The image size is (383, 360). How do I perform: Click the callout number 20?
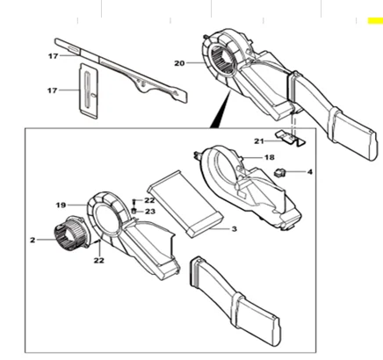179,62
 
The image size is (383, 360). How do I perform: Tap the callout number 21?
258,140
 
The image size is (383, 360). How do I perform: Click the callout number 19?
61,205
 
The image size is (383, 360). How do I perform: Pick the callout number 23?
150,212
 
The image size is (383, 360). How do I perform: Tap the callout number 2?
32,239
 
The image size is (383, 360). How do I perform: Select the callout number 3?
235,229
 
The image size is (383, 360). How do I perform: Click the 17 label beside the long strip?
53,56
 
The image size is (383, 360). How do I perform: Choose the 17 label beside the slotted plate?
53,90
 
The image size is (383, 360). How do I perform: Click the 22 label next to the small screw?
150,201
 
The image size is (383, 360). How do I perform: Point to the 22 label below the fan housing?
99,259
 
